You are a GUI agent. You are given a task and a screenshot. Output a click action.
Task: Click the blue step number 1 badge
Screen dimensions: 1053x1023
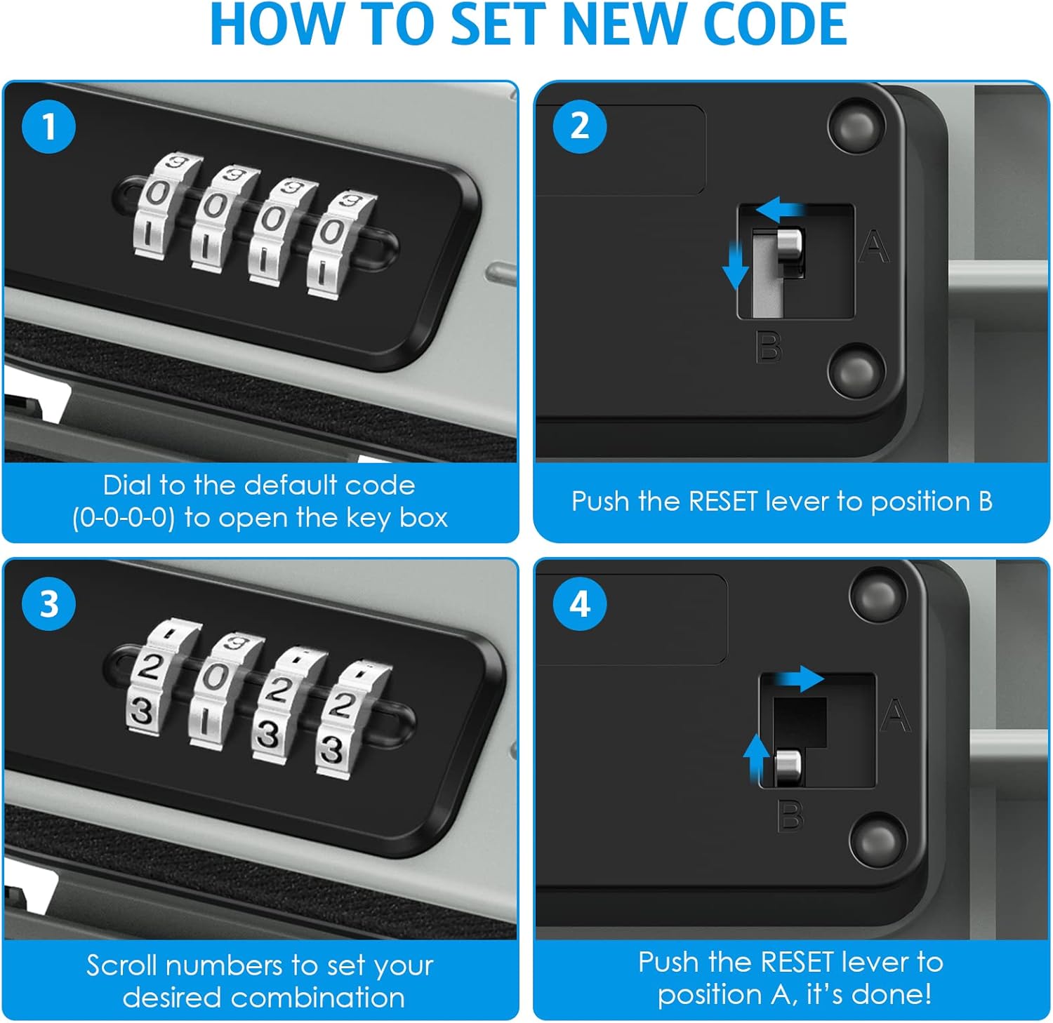[x=48, y=126]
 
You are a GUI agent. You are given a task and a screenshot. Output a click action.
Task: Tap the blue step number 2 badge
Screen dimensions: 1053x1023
[x=580, y=126]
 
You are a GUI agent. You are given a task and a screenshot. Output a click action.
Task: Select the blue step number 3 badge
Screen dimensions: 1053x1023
[x=48, y=604]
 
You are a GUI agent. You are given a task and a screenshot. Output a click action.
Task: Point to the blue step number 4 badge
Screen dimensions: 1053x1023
[x=580, y=604]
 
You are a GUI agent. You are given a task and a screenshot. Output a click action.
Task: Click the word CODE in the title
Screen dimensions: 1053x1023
[x=775, y=25]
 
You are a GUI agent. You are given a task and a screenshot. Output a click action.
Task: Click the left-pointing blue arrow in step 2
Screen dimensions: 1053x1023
[x=782, y=208]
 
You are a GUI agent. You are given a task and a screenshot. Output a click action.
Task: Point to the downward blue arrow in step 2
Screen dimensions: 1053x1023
[x=735, y=265]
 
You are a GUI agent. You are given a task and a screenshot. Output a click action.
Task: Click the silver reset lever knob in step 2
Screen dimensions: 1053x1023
[x=789, y=245]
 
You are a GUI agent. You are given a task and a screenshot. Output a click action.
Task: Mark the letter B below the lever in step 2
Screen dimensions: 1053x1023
[x=769, y=347]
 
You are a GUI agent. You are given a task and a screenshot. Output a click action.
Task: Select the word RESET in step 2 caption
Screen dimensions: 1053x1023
[x=724, y=501]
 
